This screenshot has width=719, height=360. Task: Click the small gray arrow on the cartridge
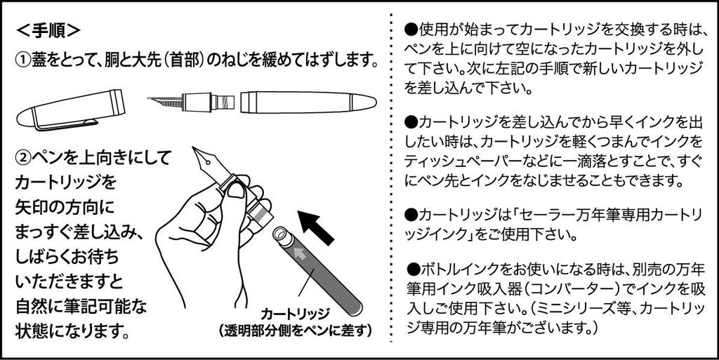[x=301, y=252]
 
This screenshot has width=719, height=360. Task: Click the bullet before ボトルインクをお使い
[x=412, y=269]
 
